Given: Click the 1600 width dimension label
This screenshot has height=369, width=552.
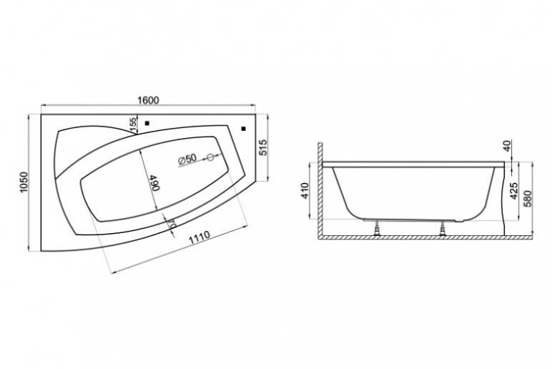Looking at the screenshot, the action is [x=148, y=100].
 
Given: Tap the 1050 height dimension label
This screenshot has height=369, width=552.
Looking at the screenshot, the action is [x=23, y=182].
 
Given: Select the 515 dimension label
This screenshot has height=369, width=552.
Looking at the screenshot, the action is [x=263, y=147].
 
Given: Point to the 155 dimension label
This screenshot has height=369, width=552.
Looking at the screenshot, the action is [x=132, y=124].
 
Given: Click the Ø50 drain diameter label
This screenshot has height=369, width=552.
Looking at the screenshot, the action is [x=187, y=159].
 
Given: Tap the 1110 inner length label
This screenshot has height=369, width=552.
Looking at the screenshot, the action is [x=199, y=237].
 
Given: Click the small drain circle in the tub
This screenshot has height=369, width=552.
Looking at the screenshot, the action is [x=210, y=157].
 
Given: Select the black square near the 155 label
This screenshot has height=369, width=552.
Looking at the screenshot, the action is [x=147, y=123].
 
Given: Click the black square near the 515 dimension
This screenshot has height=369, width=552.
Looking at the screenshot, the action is [x=243, y=129].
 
